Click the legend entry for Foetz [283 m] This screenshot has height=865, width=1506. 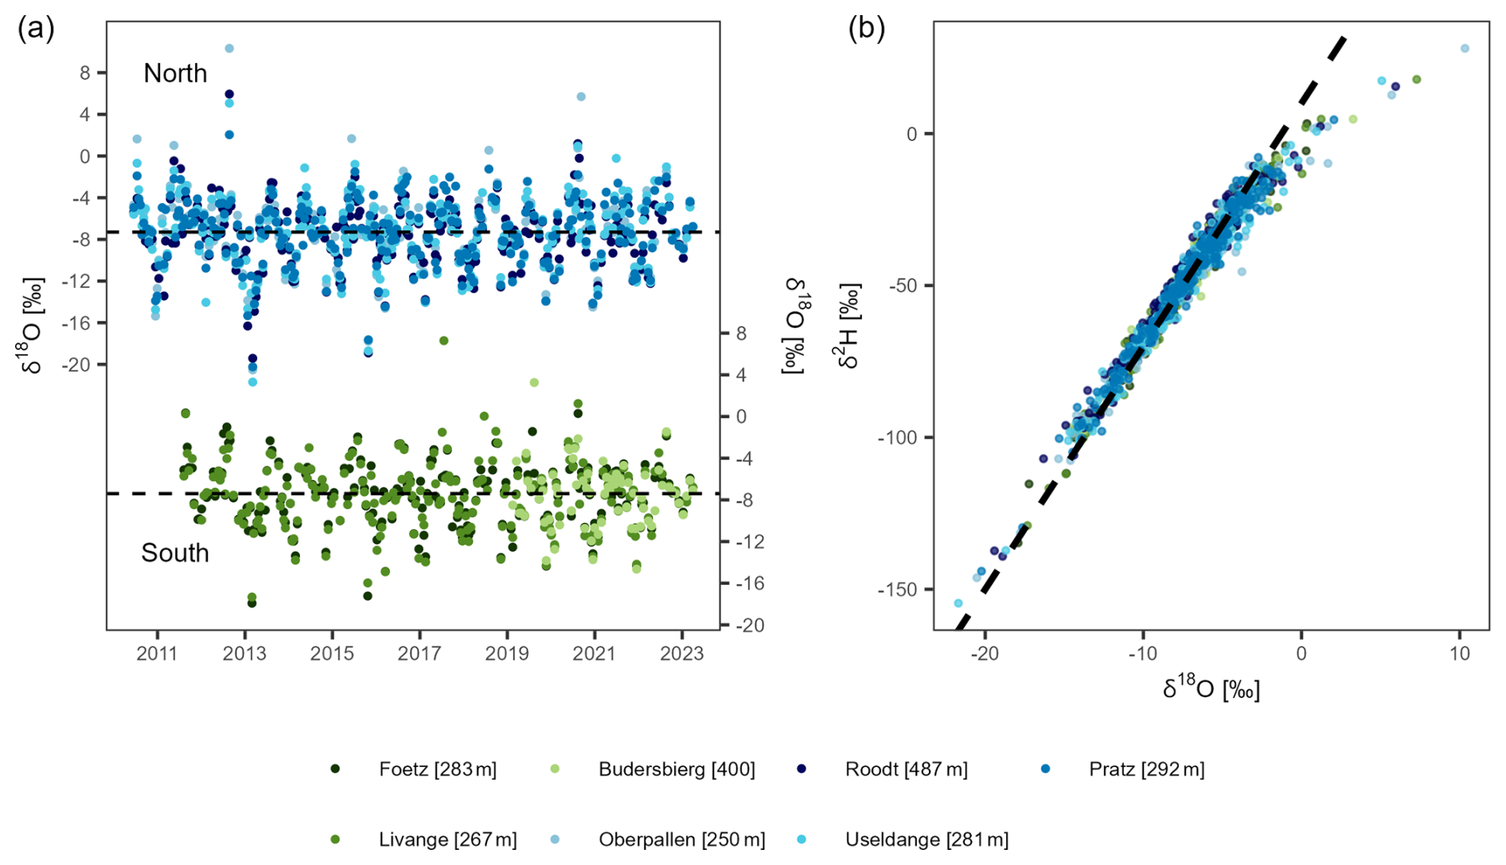[437, 770]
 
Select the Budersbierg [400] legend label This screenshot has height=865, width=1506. [677, 770]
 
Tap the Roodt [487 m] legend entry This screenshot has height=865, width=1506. [906, 770]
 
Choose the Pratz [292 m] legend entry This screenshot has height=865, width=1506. [1146, 770]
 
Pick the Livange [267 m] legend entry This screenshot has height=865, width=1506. [447, 840]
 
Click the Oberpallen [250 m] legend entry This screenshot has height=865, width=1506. [681, 840]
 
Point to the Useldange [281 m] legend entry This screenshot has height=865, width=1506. [927, 840]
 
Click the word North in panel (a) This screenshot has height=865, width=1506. [175, 73]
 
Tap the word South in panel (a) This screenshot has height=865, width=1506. [175, 553]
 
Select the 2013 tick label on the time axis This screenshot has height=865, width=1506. [244, 654]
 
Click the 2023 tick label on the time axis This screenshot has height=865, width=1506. [681, 654]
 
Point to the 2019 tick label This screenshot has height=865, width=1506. [507, 654]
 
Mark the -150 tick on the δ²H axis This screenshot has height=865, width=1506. [900, 590]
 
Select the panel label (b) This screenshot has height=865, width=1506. [866, 29]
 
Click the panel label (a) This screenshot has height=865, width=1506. [36, 29]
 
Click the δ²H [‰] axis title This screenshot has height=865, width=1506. [849, 326]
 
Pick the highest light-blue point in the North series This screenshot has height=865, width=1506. [229, 49]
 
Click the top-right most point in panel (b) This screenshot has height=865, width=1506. [1465, 49]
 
